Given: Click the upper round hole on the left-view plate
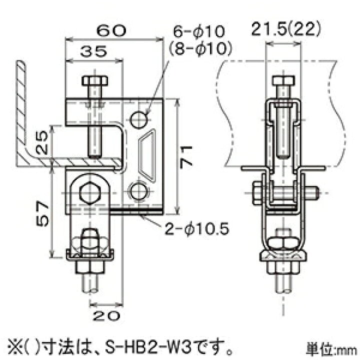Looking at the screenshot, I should tap(139, 118).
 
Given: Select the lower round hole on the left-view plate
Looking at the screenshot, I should tap(139, 191).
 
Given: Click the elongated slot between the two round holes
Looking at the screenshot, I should tap(148, 155).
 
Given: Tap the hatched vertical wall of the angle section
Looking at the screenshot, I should tap(21, 105).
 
